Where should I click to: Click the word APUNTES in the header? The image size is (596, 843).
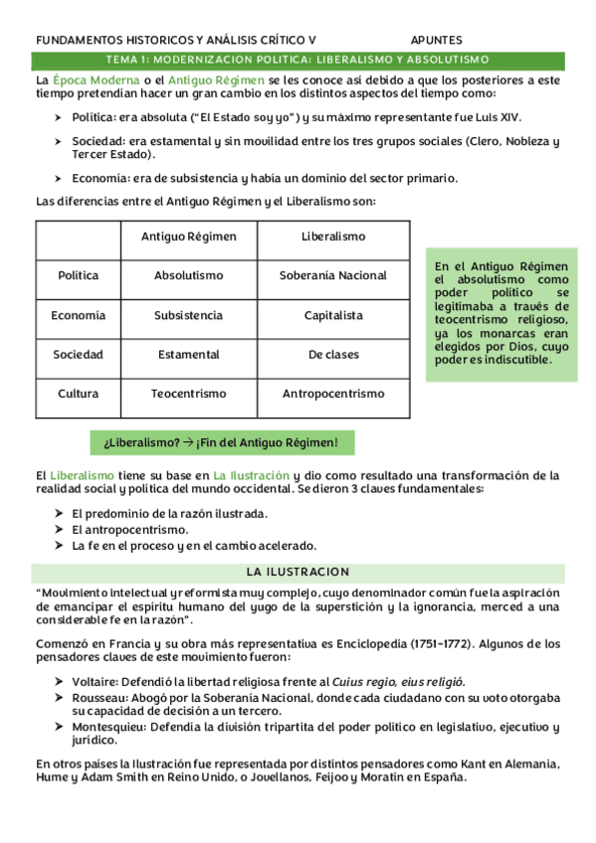pyautogui.click(x=436, y=41)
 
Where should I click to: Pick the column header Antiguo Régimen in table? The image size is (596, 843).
pyautogui.click(x=188, y=237)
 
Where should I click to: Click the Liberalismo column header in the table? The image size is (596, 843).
pyautogui.click(x=333, y=237)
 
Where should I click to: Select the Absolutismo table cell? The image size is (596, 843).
pyautogui.click(x=188, y=275)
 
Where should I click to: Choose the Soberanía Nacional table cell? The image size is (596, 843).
pyautogui.click(x=333, y=275)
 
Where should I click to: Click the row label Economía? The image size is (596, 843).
pyautogui.click(x=78, y=315)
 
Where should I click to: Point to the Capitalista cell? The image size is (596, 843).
pyautogui.click(x=333, y=315)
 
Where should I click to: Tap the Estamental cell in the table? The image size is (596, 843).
pyautogui.click(x=188, y=354)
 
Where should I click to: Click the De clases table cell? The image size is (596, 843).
pyautogui.click(x=333, y=354)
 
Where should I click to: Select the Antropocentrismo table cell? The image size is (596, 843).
pyautogui.click(x=333, y=394)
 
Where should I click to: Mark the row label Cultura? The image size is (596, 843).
pyautogui.click(x=78, y=394)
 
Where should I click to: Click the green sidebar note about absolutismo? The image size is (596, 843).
pyautogui.click(x=501, y=313)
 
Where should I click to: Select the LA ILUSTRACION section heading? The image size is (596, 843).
pyautogui.click(x=298, y=572)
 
